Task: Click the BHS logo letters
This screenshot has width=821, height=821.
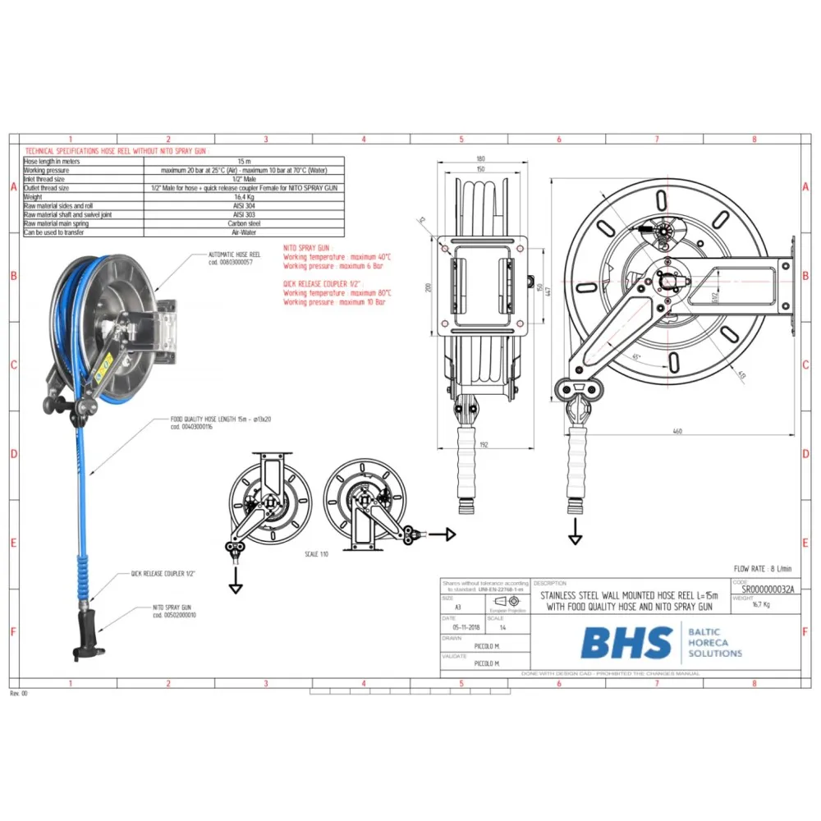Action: pyautogui.click(x=626, y=642)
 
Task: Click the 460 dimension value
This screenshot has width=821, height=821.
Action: pyautogui.click(x=677, y=430)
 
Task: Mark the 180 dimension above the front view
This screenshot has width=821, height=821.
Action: pyautogui.click(x=480, y=158)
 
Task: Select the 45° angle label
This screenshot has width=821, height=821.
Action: pyautogui.click(x=636, y=356)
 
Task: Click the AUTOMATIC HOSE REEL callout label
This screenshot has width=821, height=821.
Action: pyautogui.click(x=234, y=255)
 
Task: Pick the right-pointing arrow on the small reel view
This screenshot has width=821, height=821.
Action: pyautogui.click(x=443, y=534)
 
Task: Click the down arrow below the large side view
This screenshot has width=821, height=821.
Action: pyautogui.click(x=573, y=538)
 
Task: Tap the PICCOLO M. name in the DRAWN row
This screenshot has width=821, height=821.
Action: pyautogui.click(x=487, y=646)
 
